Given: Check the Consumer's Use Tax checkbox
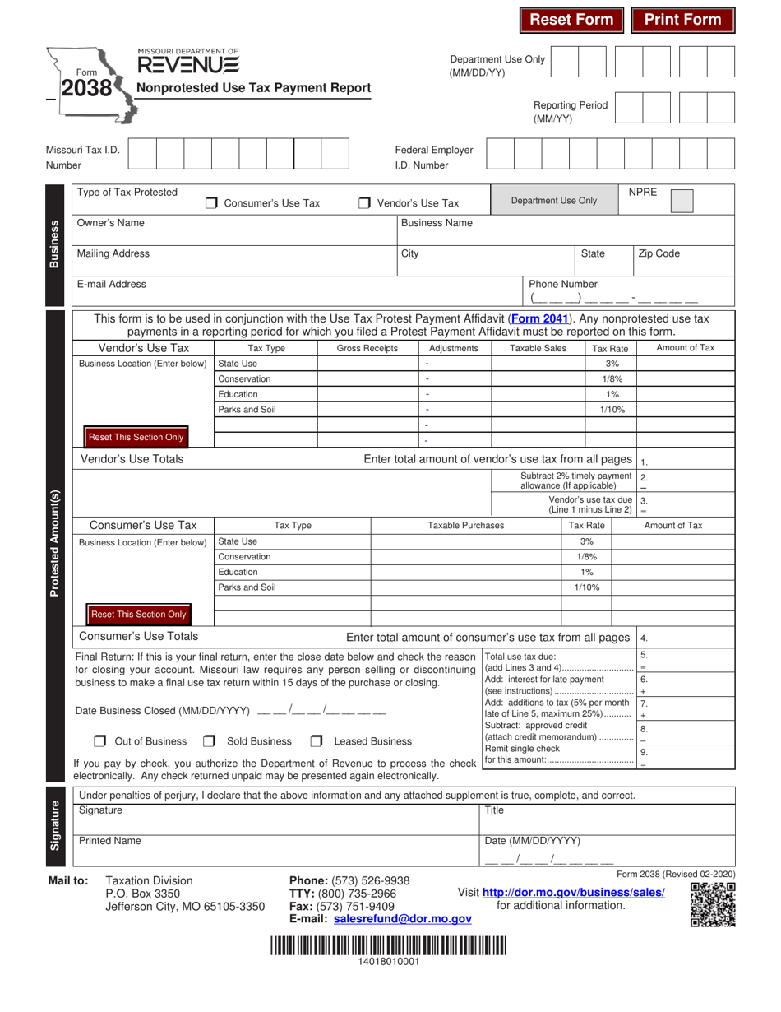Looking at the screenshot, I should click(211, 203).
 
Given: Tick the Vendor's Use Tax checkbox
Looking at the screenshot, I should click(364, 203).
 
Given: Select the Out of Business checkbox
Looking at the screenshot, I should click(100, 741).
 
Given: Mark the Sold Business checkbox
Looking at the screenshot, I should click(210, 741).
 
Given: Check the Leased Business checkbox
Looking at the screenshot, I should click(316, 741).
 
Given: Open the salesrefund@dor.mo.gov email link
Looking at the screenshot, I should click(403, 919).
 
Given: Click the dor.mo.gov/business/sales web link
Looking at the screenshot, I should click(573, 892).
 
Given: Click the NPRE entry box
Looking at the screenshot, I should click(682, 202).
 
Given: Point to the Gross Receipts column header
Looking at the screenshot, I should click(367, 348).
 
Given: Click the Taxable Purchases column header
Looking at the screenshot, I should click(466, 525).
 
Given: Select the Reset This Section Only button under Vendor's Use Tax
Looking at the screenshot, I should click(136, 437).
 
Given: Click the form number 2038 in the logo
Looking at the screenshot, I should click(86, 87).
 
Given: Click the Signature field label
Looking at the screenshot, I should click(100, 810).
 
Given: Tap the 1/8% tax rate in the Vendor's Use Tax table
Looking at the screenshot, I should click(612, 378).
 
